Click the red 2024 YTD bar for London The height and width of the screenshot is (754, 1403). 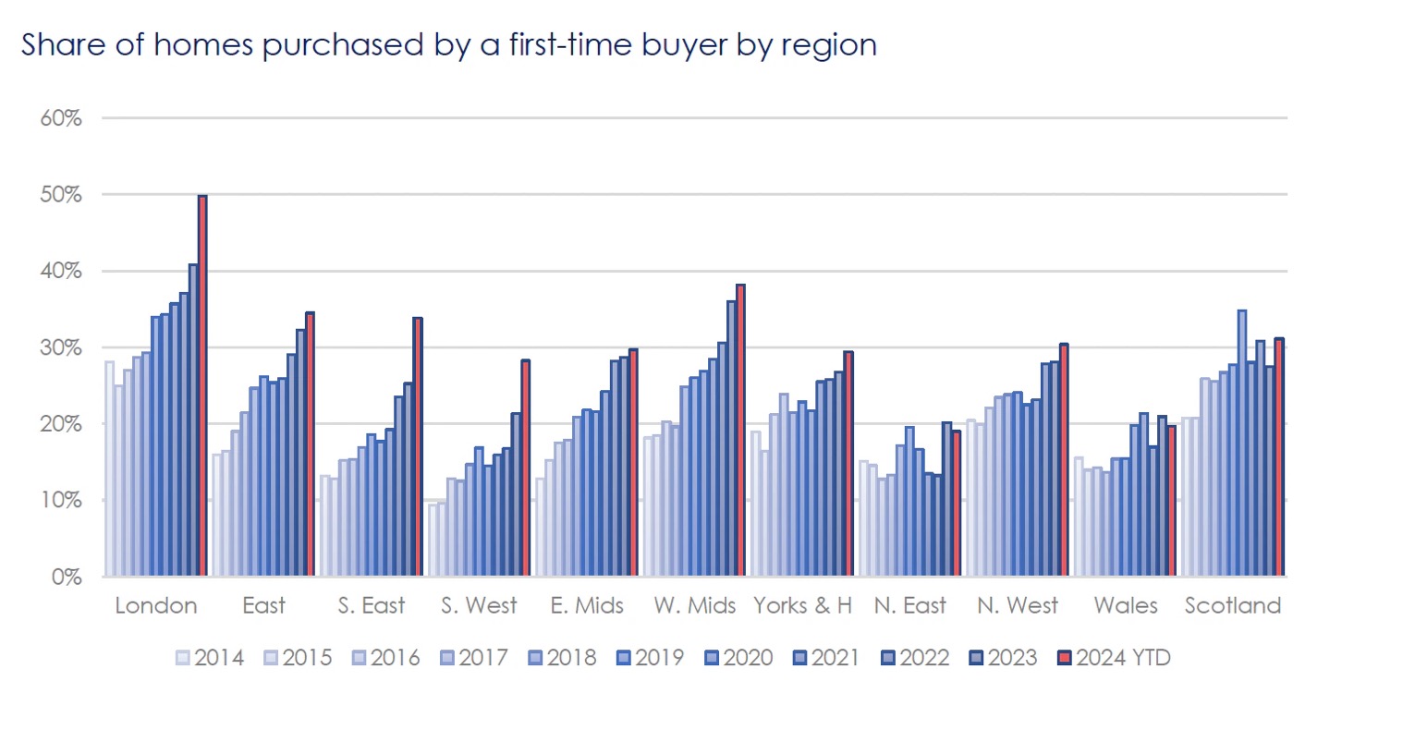202,386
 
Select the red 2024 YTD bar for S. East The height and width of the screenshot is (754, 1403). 418,447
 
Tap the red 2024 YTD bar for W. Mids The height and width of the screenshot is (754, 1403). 740,431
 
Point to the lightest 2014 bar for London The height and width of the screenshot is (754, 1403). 109,468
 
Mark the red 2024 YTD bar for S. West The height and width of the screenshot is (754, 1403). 525,468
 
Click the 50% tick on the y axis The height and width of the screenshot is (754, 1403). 61,195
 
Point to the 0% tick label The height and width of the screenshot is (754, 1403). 67,578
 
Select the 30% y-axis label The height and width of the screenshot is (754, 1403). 61,348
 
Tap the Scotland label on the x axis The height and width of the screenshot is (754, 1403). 1233,606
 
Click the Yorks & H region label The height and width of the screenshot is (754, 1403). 802,606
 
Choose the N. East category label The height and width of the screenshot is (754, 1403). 910,606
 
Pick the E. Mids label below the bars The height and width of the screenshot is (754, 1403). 587,606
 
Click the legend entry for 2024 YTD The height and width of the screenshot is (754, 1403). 1115,658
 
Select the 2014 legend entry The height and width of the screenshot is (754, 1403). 210,658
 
